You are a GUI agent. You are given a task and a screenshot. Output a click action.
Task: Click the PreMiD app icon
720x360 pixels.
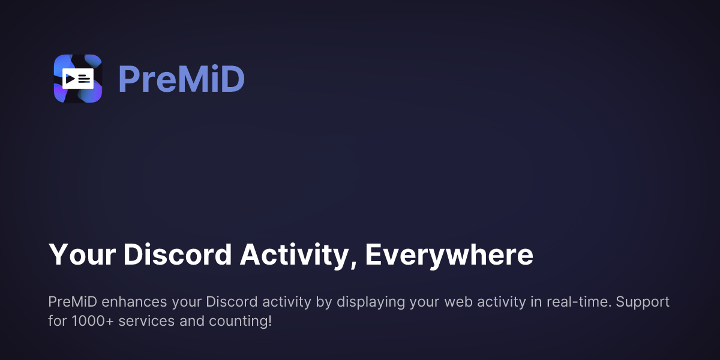tap(78, 79)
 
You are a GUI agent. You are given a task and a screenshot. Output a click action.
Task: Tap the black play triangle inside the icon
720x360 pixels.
tap(70, 79)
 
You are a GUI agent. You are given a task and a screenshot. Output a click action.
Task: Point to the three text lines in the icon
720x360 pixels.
tap(84, 79)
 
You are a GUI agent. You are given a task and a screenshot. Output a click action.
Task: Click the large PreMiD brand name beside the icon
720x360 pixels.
tap(182, 79)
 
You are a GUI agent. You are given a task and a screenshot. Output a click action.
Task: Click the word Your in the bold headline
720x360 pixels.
tap(82, 254)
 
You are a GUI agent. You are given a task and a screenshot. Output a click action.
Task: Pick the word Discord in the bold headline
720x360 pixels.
tap(178, 254)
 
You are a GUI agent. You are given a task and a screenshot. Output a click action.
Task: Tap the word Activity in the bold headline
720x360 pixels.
tap(294, 256)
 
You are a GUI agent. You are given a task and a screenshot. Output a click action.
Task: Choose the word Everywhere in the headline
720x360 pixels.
tap(449, 256)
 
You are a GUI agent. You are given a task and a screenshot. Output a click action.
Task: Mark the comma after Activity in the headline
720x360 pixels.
tap(353, 265)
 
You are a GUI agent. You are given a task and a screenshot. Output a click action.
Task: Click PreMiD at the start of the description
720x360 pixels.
tap(73, 302)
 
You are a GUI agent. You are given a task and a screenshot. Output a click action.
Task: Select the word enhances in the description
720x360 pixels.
tap(134, 302)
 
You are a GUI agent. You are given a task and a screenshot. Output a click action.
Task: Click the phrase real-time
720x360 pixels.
tap(579, 302)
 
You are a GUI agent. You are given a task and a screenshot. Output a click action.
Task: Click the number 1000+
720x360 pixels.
tap(92, 321)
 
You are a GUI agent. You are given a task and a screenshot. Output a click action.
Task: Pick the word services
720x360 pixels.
tap(147, 321)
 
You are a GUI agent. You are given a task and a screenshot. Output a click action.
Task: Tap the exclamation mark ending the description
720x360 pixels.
tap(269, 321)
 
